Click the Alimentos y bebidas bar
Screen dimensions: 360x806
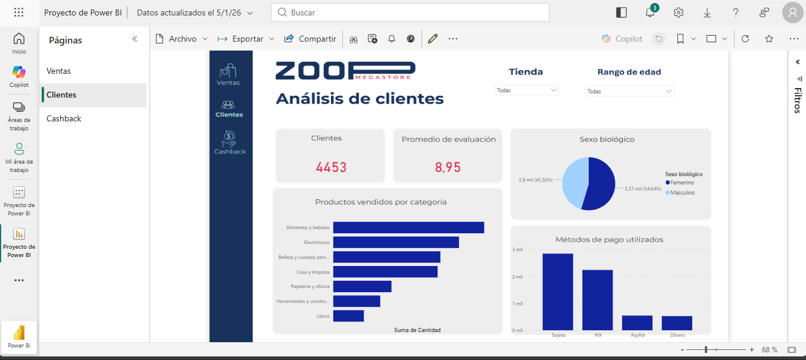point(408,227)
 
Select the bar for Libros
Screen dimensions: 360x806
point(348,316)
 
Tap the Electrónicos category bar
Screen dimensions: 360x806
point(396,242)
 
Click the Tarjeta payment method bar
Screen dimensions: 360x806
point(558,292)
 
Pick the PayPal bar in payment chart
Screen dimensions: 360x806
point(637,323)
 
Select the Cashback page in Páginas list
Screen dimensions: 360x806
point(64,118)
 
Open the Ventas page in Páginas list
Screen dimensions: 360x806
point(58,71)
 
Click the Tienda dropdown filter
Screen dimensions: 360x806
point(526,90)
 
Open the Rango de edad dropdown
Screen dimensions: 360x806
point(629,92)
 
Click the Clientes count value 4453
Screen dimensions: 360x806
point(331,167)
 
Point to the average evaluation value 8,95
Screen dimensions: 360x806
point(448,167)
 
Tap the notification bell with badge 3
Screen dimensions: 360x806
point(650,12)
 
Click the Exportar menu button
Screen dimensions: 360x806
point(246,39)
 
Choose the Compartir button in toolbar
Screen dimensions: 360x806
point(310,39)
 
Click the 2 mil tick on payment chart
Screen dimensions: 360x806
point(517,277)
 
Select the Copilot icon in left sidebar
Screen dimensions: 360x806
point(19,76)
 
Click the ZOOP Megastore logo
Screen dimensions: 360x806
point(345,70)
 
